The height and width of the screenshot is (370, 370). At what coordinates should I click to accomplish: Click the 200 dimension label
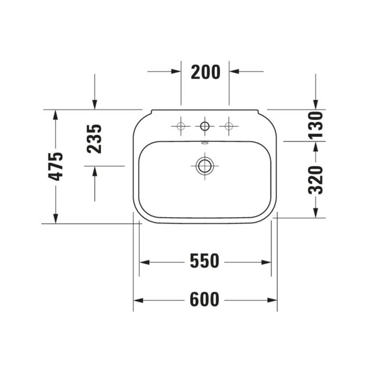coord(205,72)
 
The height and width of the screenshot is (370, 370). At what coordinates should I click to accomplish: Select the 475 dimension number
coord(55,166)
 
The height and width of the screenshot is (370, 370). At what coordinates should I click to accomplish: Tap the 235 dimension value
coord(94,139)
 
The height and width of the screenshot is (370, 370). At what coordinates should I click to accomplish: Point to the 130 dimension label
coord(316,125)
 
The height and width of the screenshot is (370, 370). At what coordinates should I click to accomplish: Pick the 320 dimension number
coord(316,180)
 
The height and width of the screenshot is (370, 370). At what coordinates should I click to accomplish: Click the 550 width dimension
coord(205,261)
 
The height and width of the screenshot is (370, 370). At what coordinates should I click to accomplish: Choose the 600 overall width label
coord(205,300)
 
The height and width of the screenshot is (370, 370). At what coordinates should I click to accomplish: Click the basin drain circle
coord(205,166)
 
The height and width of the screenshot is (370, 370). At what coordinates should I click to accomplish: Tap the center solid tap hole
coord(205,126)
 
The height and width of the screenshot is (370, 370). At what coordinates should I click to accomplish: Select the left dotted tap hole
coord(181,126)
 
